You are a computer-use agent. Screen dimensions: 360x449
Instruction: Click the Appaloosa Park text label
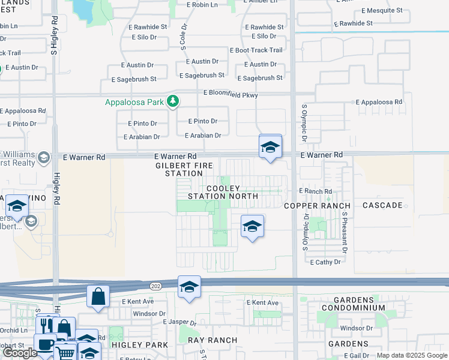pyautogui.click(x=134, y=102)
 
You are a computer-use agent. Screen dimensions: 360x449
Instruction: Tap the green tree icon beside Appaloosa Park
pyautogui.click(x=173, y=101)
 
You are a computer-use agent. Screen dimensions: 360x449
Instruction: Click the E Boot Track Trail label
pyautogui.click(x=256, y=50)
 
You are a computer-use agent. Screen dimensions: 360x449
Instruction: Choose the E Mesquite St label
pyautogui.click(x=382, y=11)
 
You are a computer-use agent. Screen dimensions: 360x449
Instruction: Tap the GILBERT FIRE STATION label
pyautogui.click(x=179, y=169)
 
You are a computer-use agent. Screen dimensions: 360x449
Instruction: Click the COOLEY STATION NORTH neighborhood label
pyautogui.click(x=223, y=192)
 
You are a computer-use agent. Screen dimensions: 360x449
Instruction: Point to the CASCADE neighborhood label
pyautogui.click(x=382, y=205)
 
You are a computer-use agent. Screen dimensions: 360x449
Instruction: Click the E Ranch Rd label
pyautogui.click(x=316, y=191)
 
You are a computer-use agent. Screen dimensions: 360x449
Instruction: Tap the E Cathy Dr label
pyautogui.click(x=326, y=262)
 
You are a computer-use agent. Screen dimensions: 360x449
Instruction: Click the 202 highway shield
pyautogui.click(x=156, y=286)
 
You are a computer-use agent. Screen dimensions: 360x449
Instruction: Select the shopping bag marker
pyautogui.click(x=98, y=296)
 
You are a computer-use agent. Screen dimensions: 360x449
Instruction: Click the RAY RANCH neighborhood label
pyautogui.click(x=212, y=340)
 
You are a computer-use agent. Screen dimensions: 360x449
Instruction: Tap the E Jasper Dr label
pyautogui.click(x=180, y=322)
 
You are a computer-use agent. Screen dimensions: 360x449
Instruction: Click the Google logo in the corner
pyautogui.click(x=20, y=353)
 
